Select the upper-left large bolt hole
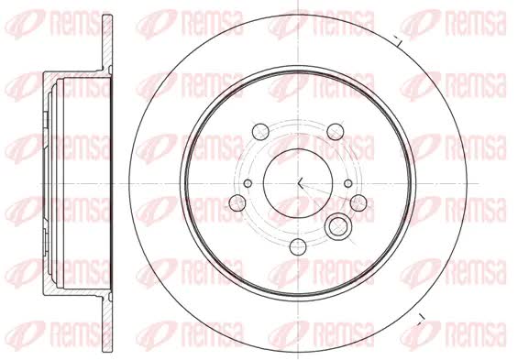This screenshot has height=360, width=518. point(260,132)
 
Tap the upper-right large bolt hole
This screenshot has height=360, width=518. point(336,132)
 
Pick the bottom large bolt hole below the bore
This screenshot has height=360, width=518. point(298,246)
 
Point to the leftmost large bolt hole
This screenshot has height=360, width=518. point(237,203)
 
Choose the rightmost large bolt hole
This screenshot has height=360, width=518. point(358,202)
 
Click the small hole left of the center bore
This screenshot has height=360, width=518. point(248,183)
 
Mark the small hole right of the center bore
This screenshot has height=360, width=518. point(348,183)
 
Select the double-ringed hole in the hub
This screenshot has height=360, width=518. point(337,226)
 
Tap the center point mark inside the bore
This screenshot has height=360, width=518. point(300,183)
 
